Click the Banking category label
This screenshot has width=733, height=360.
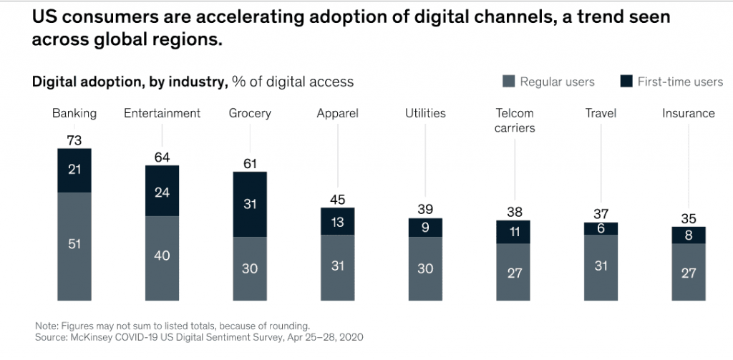pyautogui.click(x=74, y=113)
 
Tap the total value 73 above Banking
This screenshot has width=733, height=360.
pyautogui.click(x=74, y=141)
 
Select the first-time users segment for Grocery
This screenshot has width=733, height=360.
pyautogui.click(x=250, y=204)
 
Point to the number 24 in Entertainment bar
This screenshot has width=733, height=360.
pyautogui.click(x=162, y=191)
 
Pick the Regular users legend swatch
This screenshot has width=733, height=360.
pyautogui.click(x=509, y=82)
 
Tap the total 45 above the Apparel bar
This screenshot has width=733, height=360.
pyautogui.click(x=337, y=200)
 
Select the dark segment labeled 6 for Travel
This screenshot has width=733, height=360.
pyautogui.click(x=601, y=228)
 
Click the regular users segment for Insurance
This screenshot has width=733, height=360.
pyautogui.click(x=689, y=272)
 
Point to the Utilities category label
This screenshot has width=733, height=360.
pyautogui.click(x=425, y=113)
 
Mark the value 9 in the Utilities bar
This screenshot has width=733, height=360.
pyautogui.click(x=425, y=228)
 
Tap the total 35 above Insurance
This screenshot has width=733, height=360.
pyautogui.click(x=689, y=219)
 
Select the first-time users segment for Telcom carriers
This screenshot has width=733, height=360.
pyautogui.click(x=513, y=232)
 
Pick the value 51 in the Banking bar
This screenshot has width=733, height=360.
pyautogui.click(x=74, y=244)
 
